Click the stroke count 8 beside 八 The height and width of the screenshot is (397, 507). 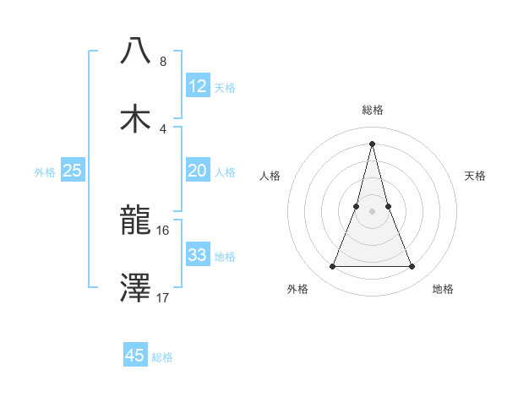point(162,62)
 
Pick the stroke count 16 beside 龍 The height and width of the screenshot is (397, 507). point(163,229)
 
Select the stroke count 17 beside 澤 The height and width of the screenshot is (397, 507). point(163,296)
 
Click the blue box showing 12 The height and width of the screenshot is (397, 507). point(198,86)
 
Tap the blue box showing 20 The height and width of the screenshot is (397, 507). point(198,171)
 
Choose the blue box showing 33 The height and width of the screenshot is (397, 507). point(198,255)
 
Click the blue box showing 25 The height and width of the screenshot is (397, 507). point(73,171)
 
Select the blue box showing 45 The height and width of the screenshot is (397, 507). point(135,356)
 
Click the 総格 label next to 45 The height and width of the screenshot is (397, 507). point(162,357)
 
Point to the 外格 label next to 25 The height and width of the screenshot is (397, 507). point(45,172)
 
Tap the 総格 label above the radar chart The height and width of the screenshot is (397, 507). point(373,110)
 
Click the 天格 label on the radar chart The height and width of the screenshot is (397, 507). point(476,176)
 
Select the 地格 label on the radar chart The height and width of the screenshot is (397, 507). point(443,289)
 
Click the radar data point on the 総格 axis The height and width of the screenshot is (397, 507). point(373,143)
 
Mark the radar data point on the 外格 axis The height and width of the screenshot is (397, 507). point(333,267)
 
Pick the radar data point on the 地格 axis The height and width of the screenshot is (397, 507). point(412,267)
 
